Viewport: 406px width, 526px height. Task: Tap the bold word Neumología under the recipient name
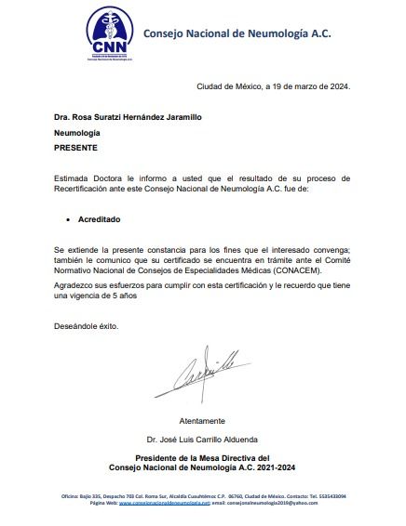point(77,133)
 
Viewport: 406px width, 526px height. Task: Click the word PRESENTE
point(75,148)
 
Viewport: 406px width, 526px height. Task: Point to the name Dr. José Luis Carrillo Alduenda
point(202,438)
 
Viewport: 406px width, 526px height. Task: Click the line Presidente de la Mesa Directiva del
point(202,458)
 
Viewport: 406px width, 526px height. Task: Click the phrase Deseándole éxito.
point(87,326)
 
